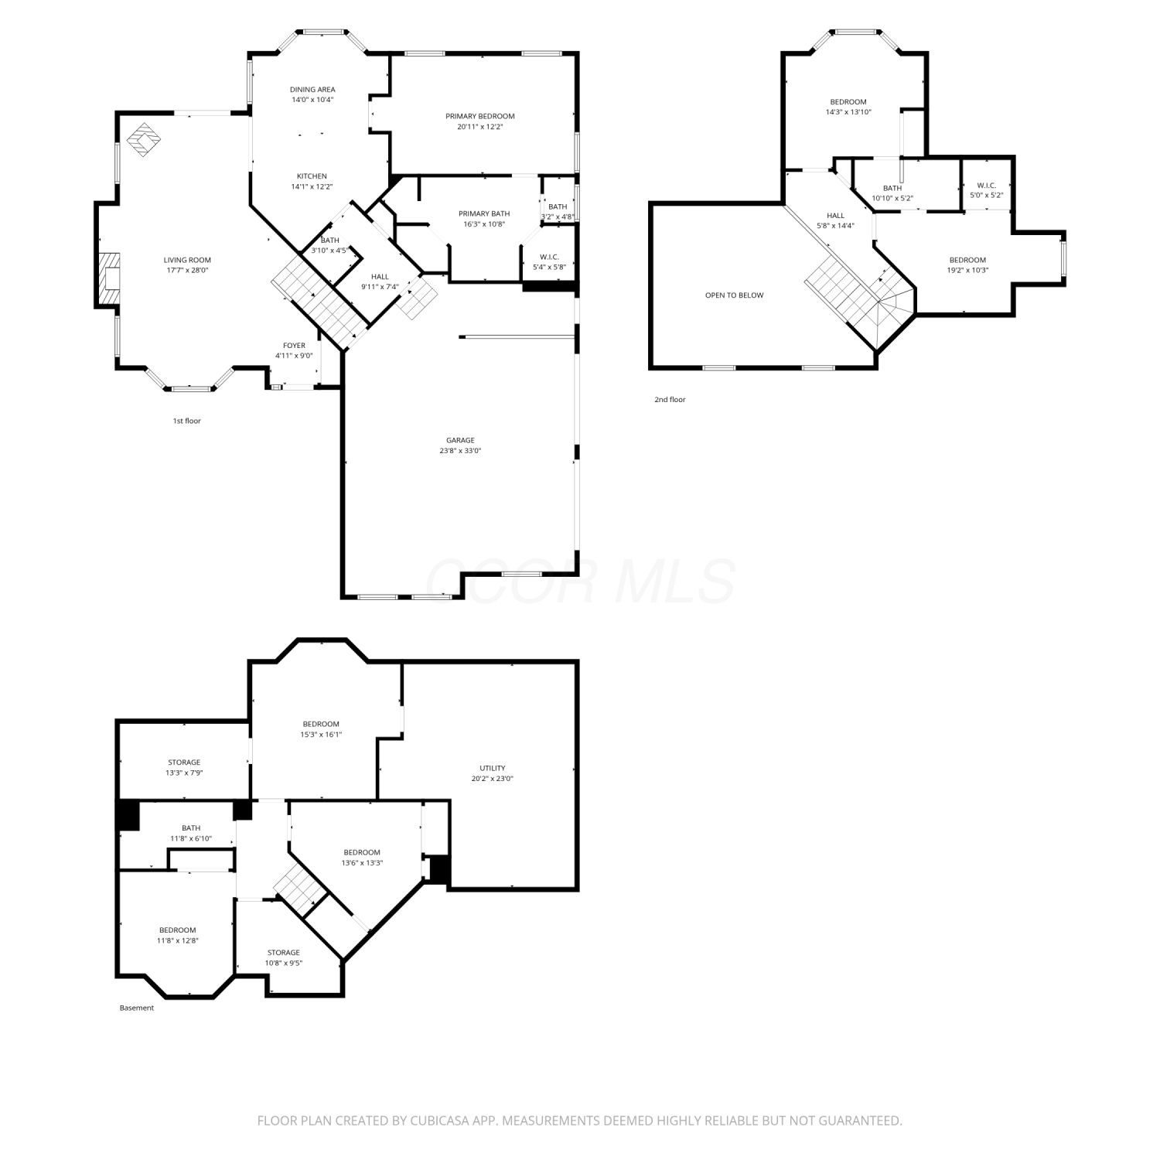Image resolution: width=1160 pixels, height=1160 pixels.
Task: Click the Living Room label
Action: pos(187,261)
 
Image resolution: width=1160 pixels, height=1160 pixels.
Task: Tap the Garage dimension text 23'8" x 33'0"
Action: pos(460,451)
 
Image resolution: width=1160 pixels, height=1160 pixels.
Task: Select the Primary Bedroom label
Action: pos(480,116)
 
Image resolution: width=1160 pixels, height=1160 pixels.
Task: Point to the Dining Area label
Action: pos(312,90)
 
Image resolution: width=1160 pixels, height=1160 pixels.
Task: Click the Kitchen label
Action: pos(312,176)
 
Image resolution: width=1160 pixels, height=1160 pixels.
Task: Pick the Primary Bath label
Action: pos(484,214)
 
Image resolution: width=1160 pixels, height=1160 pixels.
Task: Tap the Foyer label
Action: pos(294,346)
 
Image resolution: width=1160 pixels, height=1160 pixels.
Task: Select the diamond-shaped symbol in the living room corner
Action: pos(144,140)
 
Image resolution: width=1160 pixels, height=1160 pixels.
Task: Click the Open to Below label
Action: pos(734,295)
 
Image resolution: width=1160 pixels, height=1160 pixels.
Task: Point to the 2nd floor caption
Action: pos(670,400)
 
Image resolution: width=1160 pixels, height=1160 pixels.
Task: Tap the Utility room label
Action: pos(493,769)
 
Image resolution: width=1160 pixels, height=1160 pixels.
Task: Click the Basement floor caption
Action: pos(137,1008)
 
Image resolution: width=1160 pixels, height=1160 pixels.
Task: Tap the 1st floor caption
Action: pos(186,421)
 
